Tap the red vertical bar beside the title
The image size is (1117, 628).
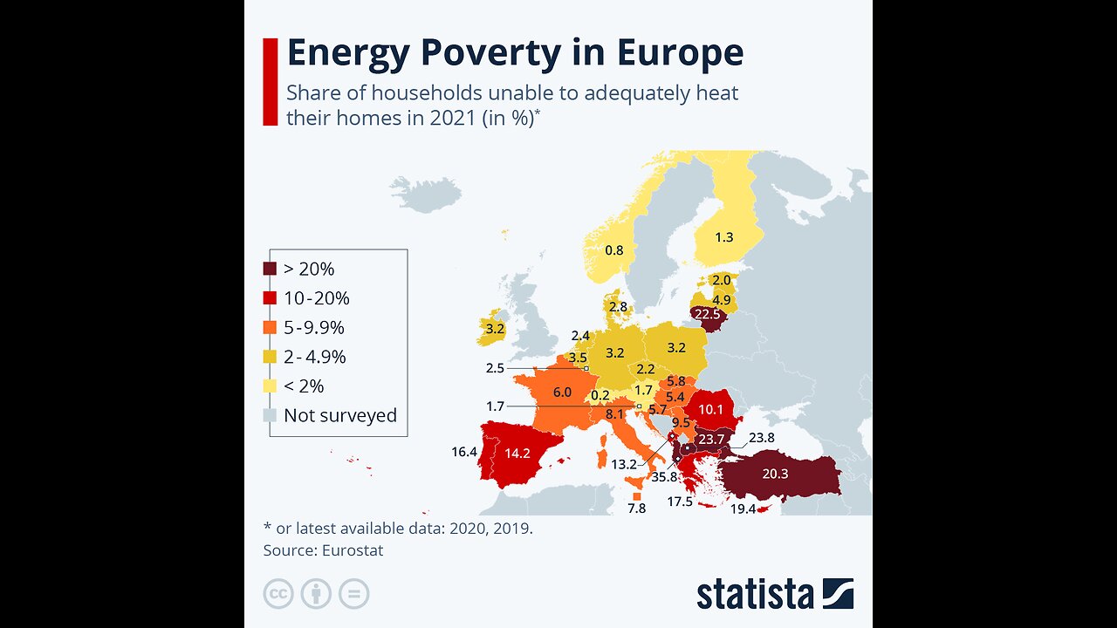tap(271, 81)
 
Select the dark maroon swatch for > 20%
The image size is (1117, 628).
tap(271, 270)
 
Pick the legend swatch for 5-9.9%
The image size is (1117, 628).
tap(271, 328)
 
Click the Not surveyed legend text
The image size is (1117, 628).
tap(339, 416)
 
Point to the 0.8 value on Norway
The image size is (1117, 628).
tap(614, 250)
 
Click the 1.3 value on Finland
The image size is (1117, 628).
tap(724, 237)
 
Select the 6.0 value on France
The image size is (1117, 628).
tap(561, 392)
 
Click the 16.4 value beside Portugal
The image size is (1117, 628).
tap(463, 452)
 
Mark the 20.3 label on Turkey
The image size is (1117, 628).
tap(774, 474)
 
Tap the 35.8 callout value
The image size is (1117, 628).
tap(664, 477)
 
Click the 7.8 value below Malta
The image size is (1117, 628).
tap(636, 509)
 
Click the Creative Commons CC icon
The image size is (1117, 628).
tap(278, 594)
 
